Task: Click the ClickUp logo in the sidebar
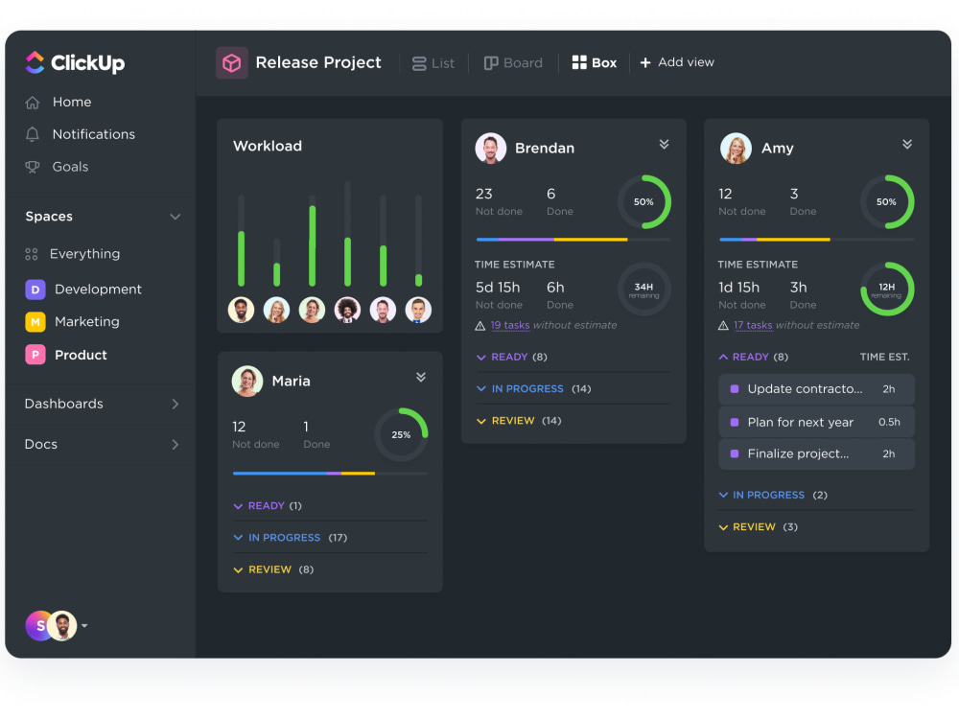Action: [x=75, y=63]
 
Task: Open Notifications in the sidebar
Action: [x=93, y=134]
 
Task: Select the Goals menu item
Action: [x=70, y=167]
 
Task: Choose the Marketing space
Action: [x=86, y=322]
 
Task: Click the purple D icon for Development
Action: [x=35, y=290]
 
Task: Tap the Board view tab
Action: [x=513, y=63]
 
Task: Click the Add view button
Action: [x=677, y=62]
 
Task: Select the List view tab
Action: [x=433, y=63]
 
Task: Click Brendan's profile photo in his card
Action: [x=491, y=149]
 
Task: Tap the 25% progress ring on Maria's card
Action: [x=401, y=435]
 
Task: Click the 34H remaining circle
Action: [x=643, y=289]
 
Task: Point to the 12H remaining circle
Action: [x=887, y=289]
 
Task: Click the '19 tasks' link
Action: [x=510, y=326]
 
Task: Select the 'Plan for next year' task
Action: [x=801, y=422]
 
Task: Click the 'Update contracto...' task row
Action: [x=805, y=389]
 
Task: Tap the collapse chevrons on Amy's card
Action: [x=907, y=145]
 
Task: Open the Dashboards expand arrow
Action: [x=175, y=405]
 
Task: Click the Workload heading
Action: [x=268, y=147]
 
